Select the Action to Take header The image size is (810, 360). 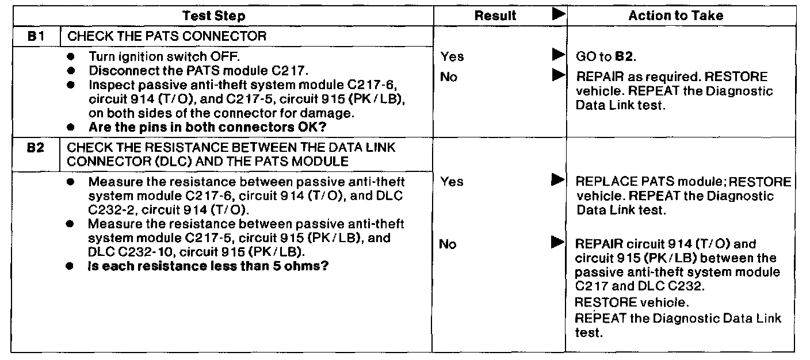point(676,17)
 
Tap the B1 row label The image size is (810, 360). point(35,36)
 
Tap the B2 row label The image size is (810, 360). point(35,147)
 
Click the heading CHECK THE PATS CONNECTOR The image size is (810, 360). point(167,36)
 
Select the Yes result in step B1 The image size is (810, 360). point(452,56)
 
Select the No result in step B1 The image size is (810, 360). point(449,76)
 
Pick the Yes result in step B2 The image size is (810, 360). point(452,182)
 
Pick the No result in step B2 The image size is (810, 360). point(449,245)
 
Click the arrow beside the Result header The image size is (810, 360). point(557,16)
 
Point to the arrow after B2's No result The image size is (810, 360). point(557,244)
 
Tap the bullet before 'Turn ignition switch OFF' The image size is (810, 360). point(71,57)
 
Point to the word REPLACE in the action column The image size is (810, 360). point(602,182)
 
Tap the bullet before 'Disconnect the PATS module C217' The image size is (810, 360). point(71,71)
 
